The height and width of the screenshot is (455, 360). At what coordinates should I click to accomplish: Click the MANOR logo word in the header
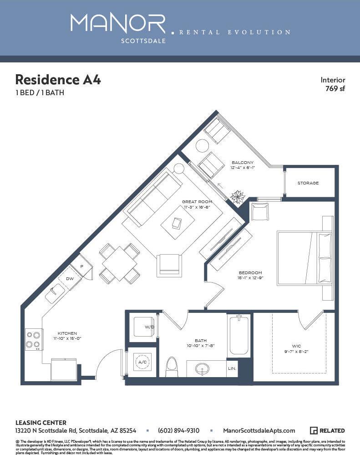(x=118, y=23)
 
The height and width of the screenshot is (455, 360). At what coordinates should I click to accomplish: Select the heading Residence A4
(x=58, y=80)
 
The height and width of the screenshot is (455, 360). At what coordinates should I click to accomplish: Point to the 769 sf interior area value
(x=335, y=88)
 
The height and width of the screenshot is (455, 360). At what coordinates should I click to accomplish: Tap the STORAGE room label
(x=308, y=183)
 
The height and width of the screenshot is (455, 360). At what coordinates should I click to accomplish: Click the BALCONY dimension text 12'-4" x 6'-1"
(x=243, y=168)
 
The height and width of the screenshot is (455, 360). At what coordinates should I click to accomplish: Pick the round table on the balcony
(x=202, y=146)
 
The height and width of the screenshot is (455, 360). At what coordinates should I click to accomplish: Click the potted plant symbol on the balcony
(x=238, y=197)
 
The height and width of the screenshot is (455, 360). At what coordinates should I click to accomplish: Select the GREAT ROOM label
(x=197, y=202)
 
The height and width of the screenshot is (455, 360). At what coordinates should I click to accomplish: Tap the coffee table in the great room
(x=177, y=223)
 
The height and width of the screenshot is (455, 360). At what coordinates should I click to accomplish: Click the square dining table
(x=120, y=263)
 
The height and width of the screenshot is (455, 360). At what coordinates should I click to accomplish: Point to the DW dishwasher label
(x=70, y=278)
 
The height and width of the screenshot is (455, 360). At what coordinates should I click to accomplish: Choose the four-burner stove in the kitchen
(x=34, y=339)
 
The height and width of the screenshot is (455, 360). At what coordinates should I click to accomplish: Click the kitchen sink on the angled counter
(x=55, y=294)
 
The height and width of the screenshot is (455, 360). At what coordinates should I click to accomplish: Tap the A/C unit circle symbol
(x=142, y=362)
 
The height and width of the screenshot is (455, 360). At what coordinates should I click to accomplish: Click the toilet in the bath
(x=172, y=367)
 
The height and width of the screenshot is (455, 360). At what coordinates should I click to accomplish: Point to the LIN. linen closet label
(x=232, y=368)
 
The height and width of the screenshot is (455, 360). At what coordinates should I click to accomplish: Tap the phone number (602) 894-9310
(x=178, y=430)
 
